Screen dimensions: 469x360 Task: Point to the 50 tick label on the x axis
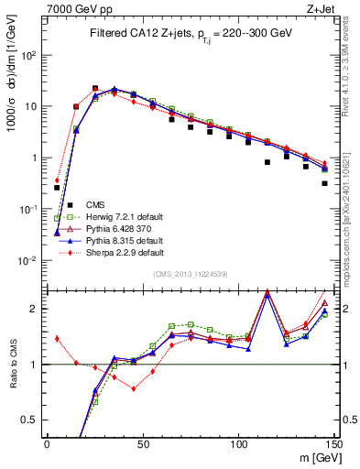[143, 445]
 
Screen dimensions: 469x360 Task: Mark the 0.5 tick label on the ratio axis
[30, 420]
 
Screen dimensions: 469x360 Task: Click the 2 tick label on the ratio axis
[35, 309]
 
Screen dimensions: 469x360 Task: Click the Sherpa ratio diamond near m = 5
[57, 338]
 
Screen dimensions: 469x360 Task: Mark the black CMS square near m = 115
[267, 162]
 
